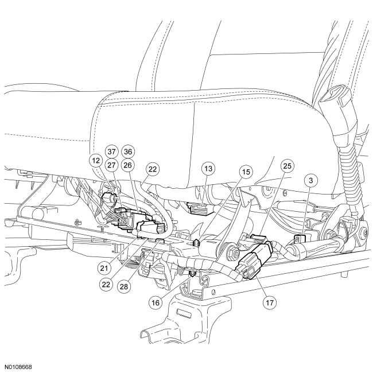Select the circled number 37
112,151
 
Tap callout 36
129,151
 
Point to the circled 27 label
112,164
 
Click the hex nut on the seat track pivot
235,250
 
